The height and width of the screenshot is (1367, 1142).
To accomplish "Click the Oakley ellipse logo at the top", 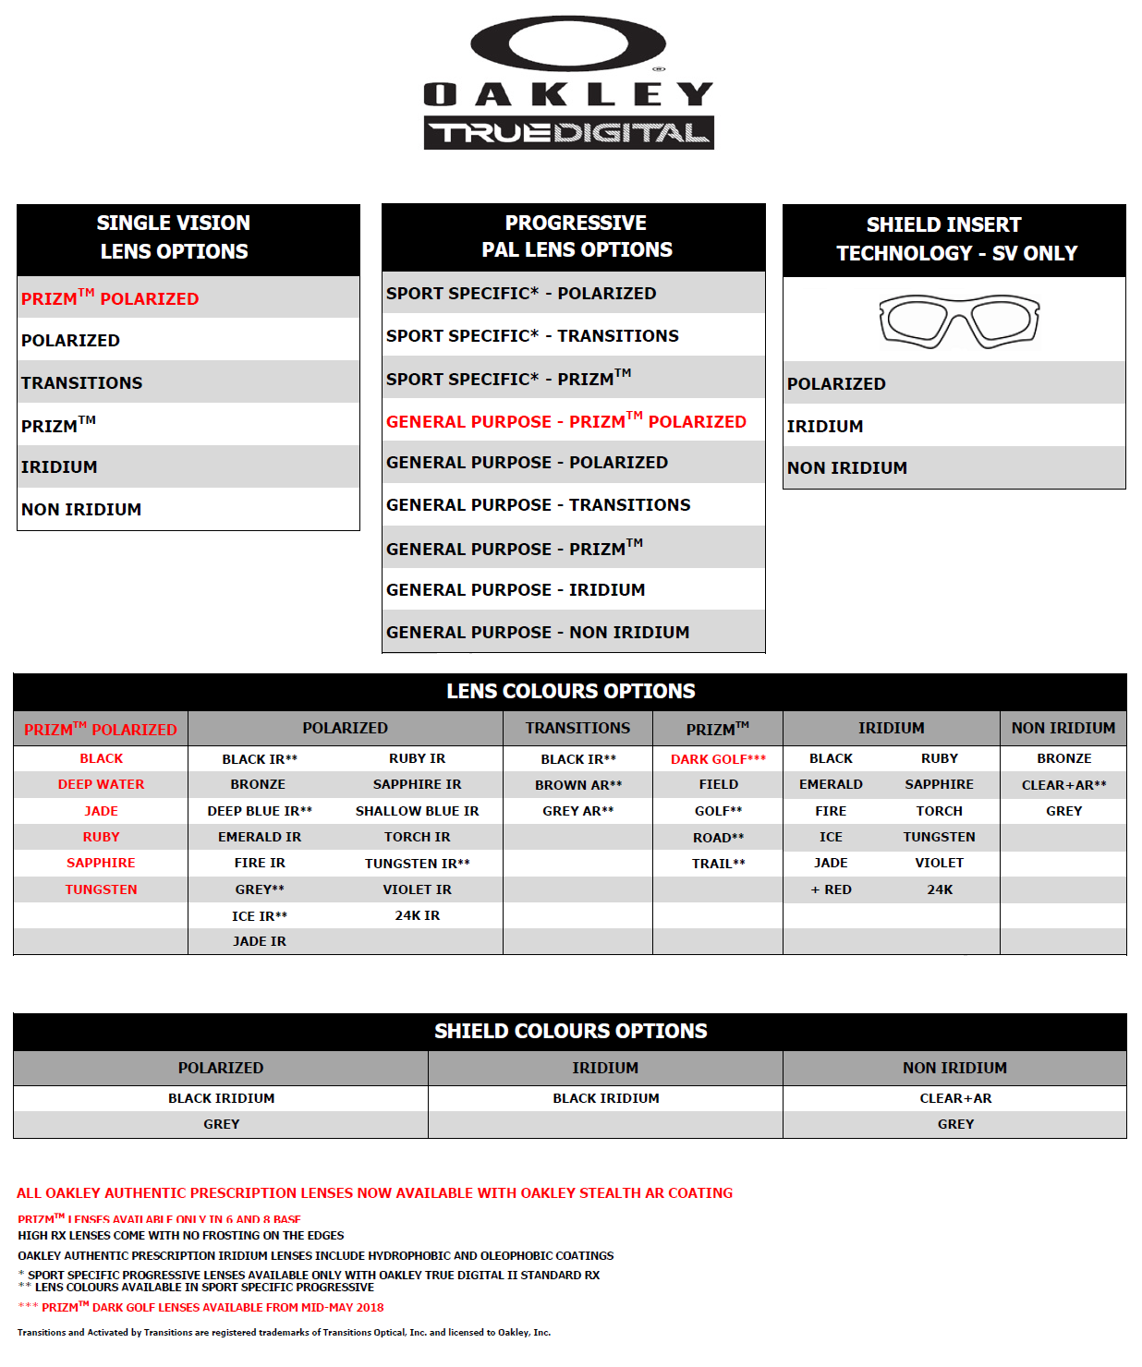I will click(567, 43).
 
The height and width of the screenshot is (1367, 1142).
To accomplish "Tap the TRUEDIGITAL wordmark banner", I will click(568, 133).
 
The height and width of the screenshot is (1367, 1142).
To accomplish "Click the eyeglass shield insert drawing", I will click(959, 321).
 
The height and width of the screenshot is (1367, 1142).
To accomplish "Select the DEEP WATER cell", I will click(101, 784).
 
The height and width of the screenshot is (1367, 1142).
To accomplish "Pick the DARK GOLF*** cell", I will click(718, 759).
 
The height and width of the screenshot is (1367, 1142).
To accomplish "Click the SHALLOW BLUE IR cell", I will click(417, 811).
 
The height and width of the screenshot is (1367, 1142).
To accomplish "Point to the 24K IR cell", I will click(417, 915).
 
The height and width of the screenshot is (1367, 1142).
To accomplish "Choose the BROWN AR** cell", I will click(578, 785).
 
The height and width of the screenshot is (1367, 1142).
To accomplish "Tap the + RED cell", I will click(831, 889).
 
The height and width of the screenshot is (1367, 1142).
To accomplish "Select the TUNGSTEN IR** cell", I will click(417, 864).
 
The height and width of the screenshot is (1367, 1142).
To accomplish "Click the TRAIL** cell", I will click(718, 864).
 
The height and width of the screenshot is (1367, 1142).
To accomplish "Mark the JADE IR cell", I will click(260, 941).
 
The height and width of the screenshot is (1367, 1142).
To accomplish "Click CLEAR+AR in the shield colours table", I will click(955, 1098).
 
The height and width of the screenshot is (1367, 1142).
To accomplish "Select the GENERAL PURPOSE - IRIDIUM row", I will click(516, 589).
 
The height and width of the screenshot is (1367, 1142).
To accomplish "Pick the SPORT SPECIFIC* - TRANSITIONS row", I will click(532, 336).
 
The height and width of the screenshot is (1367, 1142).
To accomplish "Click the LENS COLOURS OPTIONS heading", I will click(570, 691).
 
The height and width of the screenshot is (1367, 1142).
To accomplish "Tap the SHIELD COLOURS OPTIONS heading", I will click(570, 1031).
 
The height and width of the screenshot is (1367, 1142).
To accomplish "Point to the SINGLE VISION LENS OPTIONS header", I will click(174, 237).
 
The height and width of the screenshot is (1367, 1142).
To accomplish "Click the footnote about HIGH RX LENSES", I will click(181, 1235).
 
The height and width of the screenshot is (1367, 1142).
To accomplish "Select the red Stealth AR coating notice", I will click(374, 1193).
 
